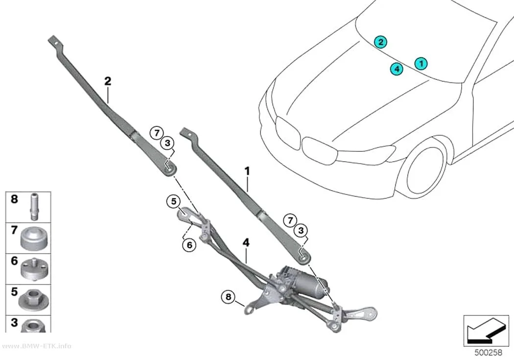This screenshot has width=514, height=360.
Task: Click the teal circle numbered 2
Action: (380, 42)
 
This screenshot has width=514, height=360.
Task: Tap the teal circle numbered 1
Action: (421, 63)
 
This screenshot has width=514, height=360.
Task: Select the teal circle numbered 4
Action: (397, 69)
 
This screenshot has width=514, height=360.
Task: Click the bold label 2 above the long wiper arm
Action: (108, 81)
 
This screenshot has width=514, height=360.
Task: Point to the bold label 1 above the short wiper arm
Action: (247, 171)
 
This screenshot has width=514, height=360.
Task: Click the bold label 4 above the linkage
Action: (246, 242)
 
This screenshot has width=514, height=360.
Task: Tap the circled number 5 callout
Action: (173, 201)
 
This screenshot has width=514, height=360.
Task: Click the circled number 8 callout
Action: (228, 297)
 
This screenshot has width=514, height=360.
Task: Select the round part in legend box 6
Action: (34, 269)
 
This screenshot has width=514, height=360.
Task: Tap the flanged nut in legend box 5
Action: (33, 300)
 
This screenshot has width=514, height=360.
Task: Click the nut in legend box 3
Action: (34, 326)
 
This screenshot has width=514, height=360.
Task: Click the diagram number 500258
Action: (488, 353)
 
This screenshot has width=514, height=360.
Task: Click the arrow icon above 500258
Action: (486, 331)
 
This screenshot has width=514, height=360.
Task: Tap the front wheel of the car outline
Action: (424, 170)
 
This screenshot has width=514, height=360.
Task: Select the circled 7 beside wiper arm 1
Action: (290, 220)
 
